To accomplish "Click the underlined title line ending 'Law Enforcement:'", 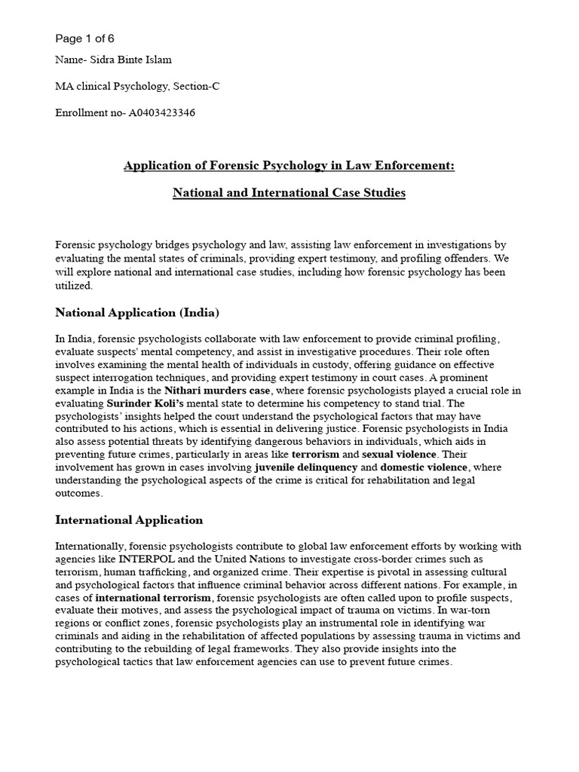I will click(289, 166).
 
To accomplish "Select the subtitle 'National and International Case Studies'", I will click(289, 193).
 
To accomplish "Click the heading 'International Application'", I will click(129, 519).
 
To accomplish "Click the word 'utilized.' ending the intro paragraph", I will click(74, 286).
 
